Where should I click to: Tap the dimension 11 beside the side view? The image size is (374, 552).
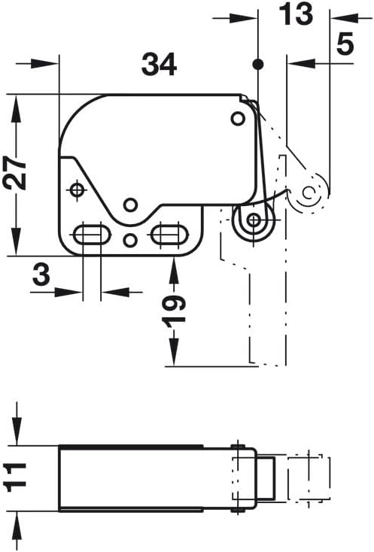tap(15, 477)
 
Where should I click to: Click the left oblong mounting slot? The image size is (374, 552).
tap(90, 235)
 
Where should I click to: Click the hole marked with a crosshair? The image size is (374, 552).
tap(76, 190)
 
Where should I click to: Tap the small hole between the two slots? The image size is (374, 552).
tap(129, 241)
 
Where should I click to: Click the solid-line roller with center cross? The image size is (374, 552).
tap(254, 220)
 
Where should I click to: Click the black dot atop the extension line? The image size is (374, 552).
tap(258, 65)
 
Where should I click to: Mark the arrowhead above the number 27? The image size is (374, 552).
tap(17, 105)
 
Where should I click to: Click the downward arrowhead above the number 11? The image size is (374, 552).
tap(17, 436)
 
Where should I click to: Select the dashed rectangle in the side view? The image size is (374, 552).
tap(309, 478)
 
